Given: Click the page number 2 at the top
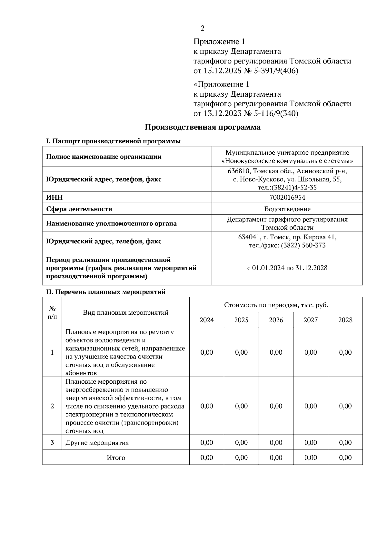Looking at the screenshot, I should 203,28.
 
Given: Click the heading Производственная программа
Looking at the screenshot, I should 202,127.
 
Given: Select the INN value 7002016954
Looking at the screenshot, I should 287,197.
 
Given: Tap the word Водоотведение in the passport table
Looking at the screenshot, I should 287,209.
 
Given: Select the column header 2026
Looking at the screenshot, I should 276,320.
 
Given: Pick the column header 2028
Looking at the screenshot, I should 345,320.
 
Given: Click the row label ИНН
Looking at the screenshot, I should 55,197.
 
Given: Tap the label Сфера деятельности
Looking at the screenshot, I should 79,209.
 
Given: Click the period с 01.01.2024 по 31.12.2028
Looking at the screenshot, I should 287,268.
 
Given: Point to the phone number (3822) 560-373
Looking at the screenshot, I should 303,245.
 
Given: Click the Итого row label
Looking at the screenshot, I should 116,457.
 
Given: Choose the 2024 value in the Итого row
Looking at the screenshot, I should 206,457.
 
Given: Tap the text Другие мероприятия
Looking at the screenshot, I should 97,443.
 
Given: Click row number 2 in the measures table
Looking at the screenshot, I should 52,406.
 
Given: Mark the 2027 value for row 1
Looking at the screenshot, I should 311,352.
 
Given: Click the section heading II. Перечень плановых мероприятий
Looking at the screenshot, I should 106,292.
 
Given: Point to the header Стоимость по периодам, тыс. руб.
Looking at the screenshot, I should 276,305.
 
